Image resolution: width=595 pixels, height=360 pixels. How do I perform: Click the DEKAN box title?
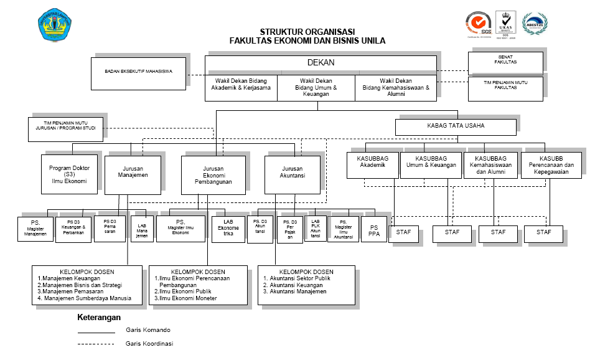click(x=321, y=62)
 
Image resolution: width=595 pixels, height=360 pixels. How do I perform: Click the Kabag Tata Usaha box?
click(x=456, y=126)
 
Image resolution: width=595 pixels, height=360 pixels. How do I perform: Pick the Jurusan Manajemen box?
click(x=133, y=174)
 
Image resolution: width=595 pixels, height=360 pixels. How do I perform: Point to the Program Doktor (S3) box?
click(x=69, y=174)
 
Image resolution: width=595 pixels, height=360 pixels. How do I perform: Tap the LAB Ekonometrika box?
click(x=228, y=228)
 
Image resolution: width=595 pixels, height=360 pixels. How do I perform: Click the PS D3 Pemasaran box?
click(x=110, y=229)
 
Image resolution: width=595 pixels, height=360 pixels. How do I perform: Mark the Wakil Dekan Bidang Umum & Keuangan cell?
click(x=316, y=88)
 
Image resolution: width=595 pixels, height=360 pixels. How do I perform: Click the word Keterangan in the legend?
click(x=98, y=318)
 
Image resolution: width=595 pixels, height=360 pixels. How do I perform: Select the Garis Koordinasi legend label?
click(x=148, y=344)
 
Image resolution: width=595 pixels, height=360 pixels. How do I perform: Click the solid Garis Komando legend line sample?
click(x=96, y=332)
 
